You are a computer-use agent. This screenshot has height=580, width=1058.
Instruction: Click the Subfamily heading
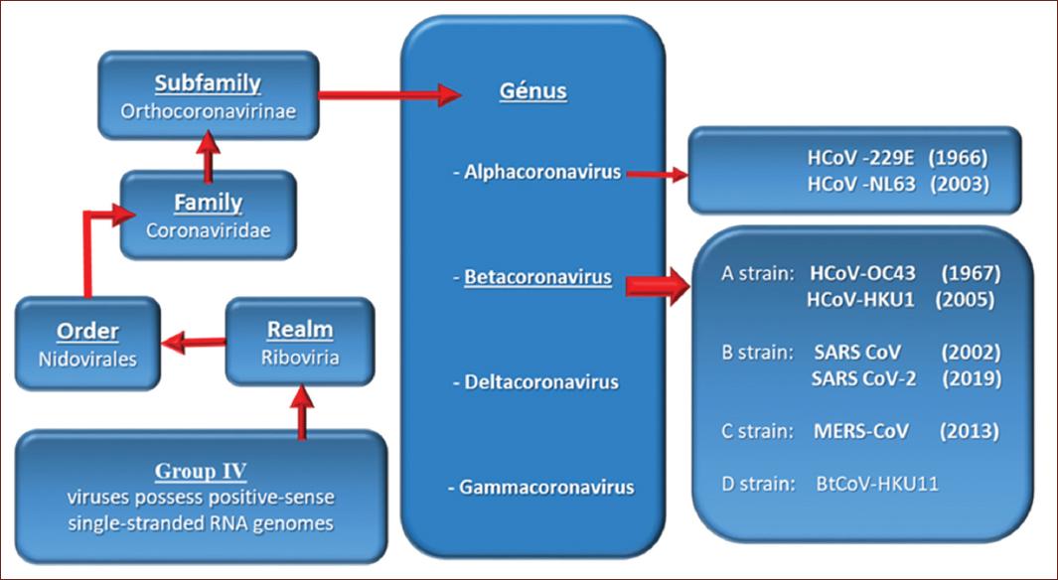[x=208, y=83]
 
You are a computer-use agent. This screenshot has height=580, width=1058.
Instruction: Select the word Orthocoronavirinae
[x=208, y=110]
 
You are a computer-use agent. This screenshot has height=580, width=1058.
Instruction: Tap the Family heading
[x=208, y=203]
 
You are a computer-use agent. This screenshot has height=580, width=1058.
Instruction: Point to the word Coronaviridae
[x=208, y=230]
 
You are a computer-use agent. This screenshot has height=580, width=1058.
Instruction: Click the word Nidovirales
[x=87, y=359]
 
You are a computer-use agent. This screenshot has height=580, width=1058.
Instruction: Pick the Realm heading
[x=300, y=330]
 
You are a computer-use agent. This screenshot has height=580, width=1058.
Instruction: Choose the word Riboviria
[x=300, y=357]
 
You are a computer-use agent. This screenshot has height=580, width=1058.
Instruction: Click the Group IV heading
[x=201, y=471]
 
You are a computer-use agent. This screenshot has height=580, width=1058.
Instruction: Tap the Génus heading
[x=533, y=91]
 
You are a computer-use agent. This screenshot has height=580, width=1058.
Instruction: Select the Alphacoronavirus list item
[x=536, y=172]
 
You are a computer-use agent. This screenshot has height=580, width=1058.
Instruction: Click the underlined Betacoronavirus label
[x=537, y=277]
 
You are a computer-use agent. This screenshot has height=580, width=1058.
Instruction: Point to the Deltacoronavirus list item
[x=535, y=382]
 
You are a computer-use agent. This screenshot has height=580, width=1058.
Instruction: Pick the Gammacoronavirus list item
[x=540, y=488]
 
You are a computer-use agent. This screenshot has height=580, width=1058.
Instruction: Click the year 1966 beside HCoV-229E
[x=958, y=158]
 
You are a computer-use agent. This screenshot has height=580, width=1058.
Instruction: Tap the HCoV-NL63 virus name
[x=861, y=184]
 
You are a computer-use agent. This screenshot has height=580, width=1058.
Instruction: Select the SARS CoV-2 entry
[x=863, y=378]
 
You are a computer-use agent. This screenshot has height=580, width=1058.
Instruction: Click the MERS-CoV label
[x=861, y=431]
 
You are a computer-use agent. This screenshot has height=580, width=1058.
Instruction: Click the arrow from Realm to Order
[x=194, y=343]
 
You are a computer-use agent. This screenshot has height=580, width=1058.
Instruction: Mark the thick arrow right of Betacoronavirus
[x=658, y=286]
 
